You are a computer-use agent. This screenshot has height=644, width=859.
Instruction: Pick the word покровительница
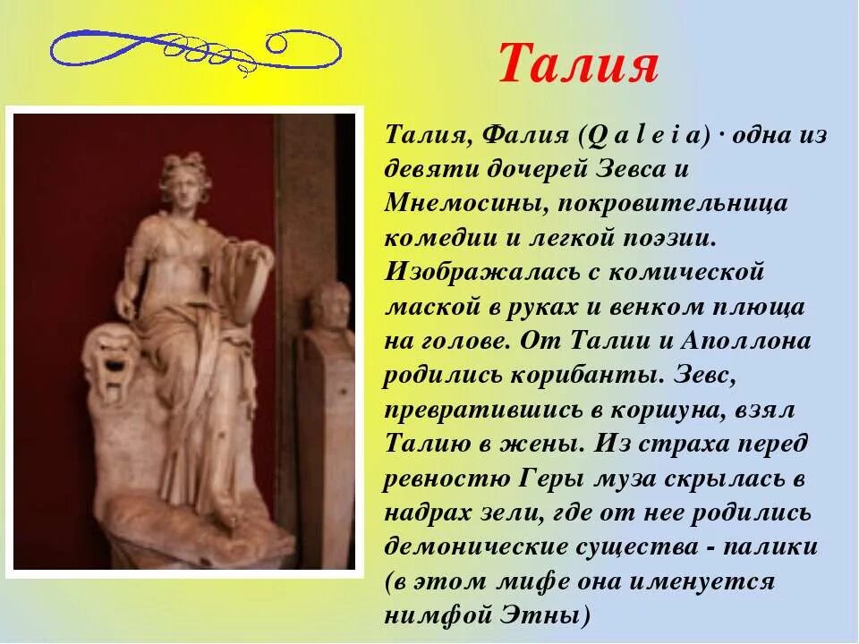(x=673, y=203)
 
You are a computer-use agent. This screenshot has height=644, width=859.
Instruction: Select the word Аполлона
(x=746, y=341)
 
